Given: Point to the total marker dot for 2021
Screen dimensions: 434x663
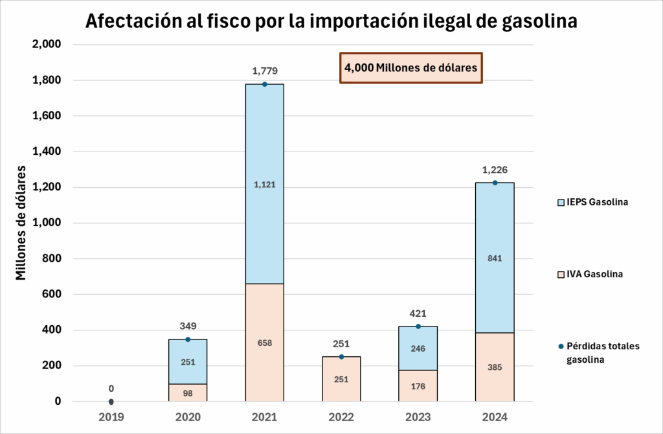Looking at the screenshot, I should [x=264, y=84].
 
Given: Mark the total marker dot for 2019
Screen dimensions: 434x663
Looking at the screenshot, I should [x=111, y=402].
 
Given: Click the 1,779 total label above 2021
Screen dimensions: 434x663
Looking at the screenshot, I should [x=264, y=71].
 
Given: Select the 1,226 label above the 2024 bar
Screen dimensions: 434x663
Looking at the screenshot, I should [x=495, y=170].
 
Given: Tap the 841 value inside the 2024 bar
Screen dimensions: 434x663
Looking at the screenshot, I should [x=495, y=258].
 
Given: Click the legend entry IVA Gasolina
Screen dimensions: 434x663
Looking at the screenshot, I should [x=590, y=274].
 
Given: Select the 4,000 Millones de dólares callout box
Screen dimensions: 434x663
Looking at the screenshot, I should [x=411, y=67].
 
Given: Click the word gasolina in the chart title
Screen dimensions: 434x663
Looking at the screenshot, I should [x=539, y=21].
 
